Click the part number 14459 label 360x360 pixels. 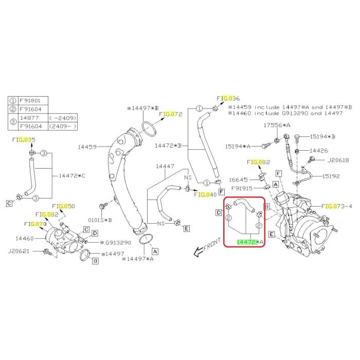(x=87, y=147)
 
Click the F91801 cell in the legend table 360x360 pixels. (x=30, y=101)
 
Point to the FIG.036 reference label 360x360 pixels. (x=228, y=99)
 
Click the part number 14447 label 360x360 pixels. (x=165, y=166)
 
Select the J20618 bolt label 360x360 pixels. (x=338, y=160)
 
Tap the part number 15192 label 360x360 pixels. (x=331, y=176)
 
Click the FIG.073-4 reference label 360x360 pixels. (x=336, y=206)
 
